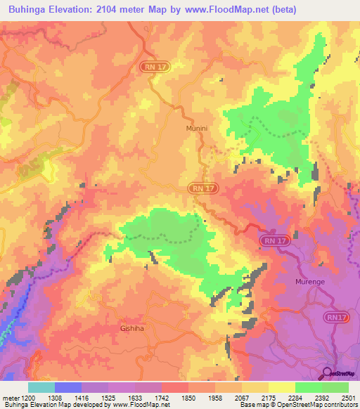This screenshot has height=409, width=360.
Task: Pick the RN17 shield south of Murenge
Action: (336, 318)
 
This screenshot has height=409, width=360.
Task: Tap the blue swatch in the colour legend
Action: (68, 387)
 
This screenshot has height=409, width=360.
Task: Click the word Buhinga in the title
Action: (30, 9)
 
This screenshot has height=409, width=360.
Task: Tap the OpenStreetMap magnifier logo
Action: (327, 372)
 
